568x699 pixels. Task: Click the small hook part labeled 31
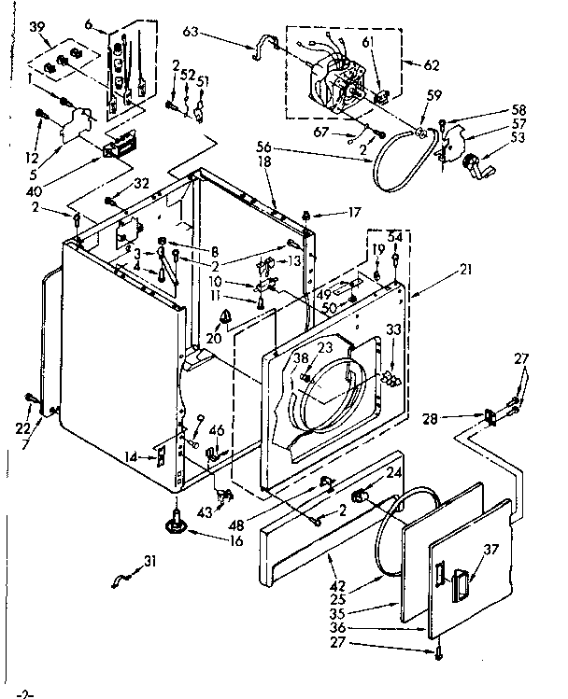pos(117,584)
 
